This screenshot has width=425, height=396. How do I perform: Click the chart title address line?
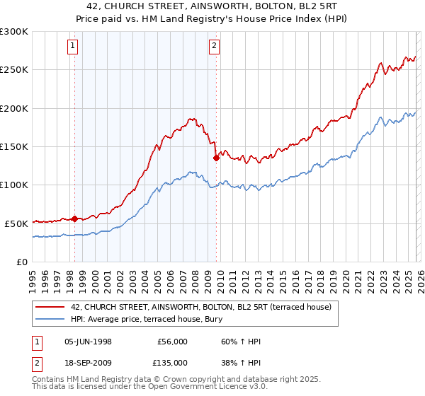[212, 6]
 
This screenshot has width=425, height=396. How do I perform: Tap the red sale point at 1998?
[74, 219]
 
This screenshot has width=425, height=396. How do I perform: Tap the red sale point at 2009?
[216, 158]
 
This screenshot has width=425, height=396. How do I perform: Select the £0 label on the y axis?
[21, 262]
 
